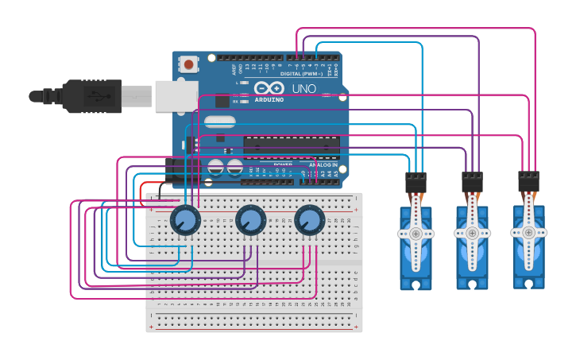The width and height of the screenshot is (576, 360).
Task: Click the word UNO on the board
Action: (304, 88)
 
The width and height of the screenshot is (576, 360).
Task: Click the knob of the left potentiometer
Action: (185, 220)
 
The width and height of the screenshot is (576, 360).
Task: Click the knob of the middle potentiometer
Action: (249, 220)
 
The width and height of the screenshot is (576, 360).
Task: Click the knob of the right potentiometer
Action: (309, 220)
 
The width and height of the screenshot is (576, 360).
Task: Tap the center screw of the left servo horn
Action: (416, 234)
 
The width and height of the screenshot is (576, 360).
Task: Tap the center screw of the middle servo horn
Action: (472, 234)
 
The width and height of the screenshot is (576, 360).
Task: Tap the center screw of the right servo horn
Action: (528, 232)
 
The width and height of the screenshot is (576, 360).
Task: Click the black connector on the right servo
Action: (528, 181)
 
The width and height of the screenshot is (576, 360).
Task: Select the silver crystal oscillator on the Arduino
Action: (219, 122)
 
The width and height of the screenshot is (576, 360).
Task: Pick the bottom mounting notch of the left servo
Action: (416, 284)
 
